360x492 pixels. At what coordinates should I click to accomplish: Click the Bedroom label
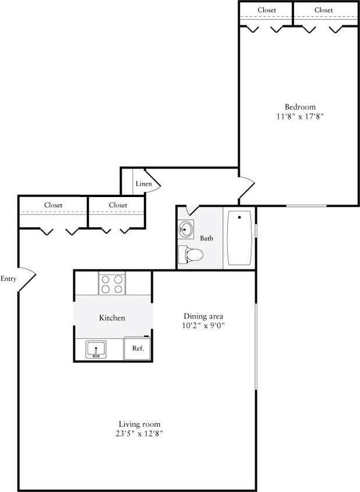click(x=300, y=107)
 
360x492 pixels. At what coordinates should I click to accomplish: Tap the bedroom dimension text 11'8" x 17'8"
click(x=300, y=117)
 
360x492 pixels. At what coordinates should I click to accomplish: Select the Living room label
click(x=139, y=424)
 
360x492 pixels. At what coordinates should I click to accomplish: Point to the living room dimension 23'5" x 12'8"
click(x=139, y=434)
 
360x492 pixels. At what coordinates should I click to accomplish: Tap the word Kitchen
click(x=112, y=318)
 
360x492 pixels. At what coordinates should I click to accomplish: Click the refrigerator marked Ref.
click(x=138, y=348)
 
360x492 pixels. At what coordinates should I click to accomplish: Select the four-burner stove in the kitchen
click(x=112, y=284)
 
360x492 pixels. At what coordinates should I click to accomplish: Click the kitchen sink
click(x=96, y=350)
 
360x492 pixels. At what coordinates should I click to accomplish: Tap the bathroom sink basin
click(x=186, y=230)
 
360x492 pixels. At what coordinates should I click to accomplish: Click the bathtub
click(x=239, y=238)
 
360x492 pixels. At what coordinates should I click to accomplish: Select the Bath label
click(x=207, y=238)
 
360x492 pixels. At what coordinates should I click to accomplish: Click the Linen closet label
click(x=143, y=184)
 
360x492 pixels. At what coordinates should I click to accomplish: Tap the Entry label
click(x=8, y=279)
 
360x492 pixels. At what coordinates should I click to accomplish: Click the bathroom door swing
click(x=192, y=210)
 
